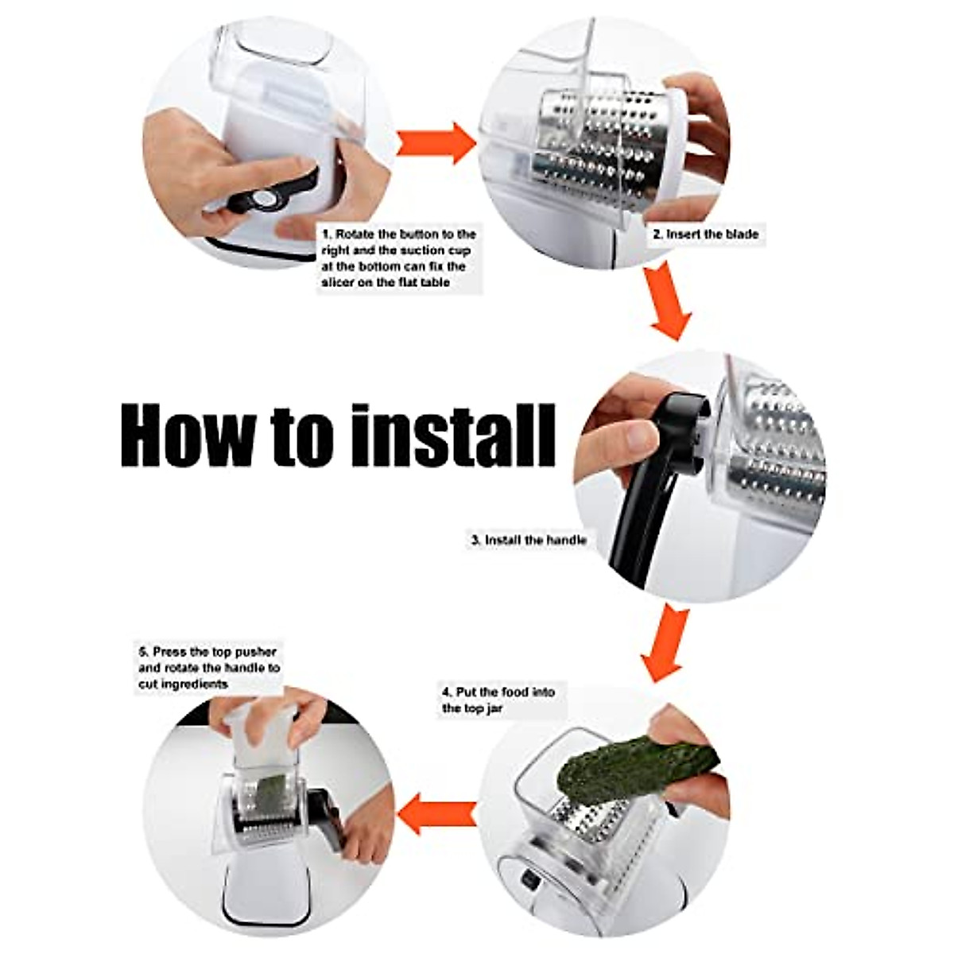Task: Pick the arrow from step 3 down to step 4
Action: tap(664, 642)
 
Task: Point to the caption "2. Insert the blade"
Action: tap(705, 235)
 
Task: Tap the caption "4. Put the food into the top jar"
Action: tap(498, 700)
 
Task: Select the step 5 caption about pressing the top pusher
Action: tap(208, 668)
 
